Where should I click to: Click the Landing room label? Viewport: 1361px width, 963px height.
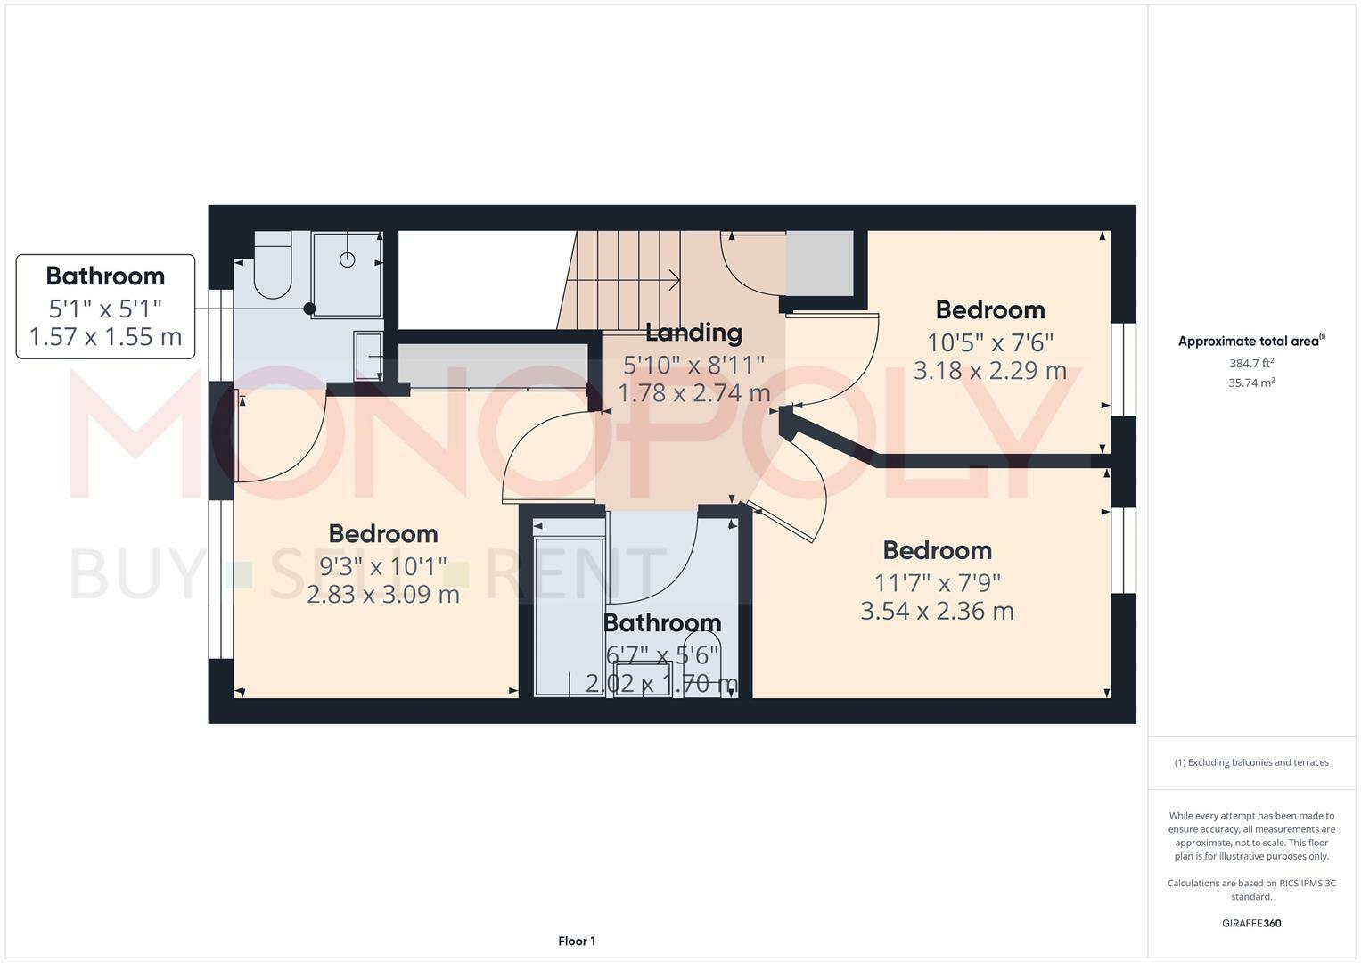(693, 333)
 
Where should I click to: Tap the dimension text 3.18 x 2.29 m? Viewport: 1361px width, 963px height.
(989, 371)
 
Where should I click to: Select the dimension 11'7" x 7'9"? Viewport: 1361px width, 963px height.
(937, 583)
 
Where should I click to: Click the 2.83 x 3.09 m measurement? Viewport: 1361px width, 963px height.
(383, 594)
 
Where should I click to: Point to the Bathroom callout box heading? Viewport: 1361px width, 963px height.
(105, 276)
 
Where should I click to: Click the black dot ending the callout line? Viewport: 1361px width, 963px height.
(309, 309)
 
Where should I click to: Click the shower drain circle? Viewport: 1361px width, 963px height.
(348, 259)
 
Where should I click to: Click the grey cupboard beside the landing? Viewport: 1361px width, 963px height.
(819, 263)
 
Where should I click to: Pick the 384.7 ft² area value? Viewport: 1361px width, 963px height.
(1251, 364)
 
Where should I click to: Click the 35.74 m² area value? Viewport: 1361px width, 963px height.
(1251, 383)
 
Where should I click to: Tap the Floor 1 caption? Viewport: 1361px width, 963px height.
(577, 942)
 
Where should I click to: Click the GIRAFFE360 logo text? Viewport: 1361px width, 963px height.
(1251, 924)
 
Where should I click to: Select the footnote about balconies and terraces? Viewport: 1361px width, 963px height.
(1251, 762)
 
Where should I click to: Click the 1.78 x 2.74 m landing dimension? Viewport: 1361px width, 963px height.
(693, 393)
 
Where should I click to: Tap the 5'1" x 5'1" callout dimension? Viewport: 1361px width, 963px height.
(105, 309)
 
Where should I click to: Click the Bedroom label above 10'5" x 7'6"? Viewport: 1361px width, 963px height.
(989, 310)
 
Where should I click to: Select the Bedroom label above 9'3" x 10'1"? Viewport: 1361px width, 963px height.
(383, 534)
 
